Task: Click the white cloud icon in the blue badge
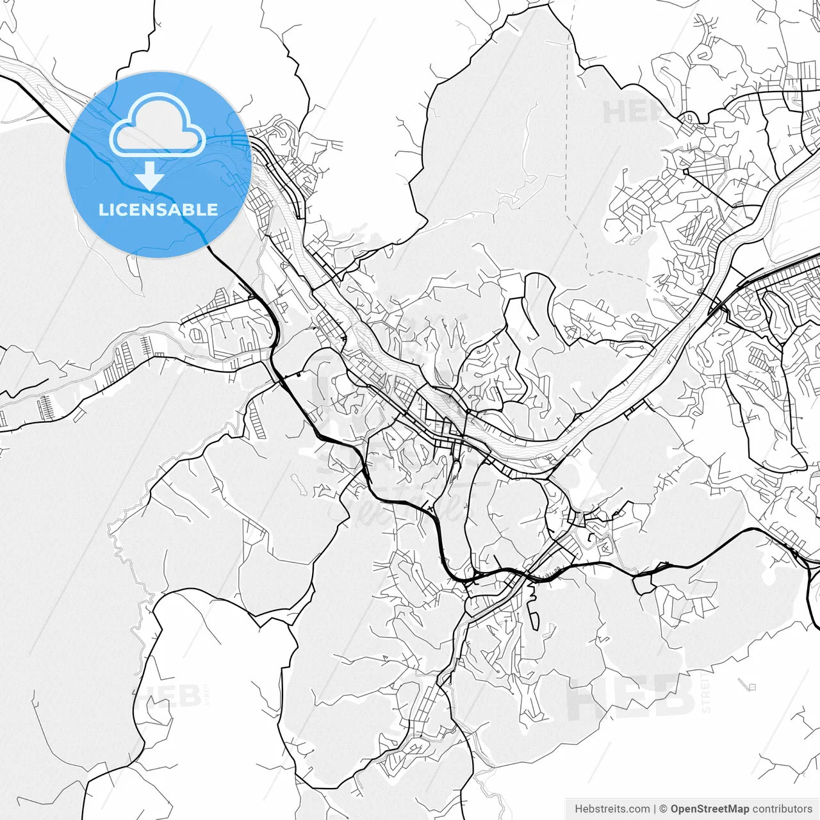pyautogui.click(x=158, y=124)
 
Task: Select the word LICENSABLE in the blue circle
pyautogui.click(x=158, y=209)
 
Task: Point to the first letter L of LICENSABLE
pyautogui.click(x=102, y=209)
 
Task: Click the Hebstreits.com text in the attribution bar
pyautogui.click(x=612, y=809)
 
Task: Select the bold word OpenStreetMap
pyautogui.click(x=710, y=809)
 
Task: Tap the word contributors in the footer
pyautogui.click(x=782, y=809)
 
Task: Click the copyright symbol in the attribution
pyautogui.click(x=663, y=809)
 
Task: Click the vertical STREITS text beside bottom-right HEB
pyautogui.click(x=706, y=692)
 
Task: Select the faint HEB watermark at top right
pyautogui.click(x=634, y=113)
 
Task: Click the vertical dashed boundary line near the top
pyautogui.click(x=567, y=128)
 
